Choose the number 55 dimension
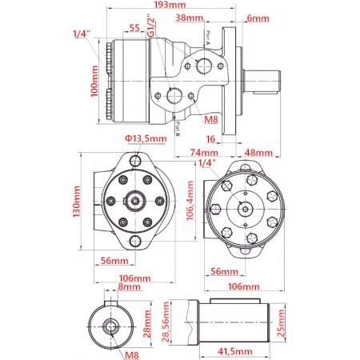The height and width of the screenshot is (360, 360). click(134, 28)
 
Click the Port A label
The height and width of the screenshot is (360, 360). click(207, 38)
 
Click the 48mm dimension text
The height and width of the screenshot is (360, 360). click(258, 152)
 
